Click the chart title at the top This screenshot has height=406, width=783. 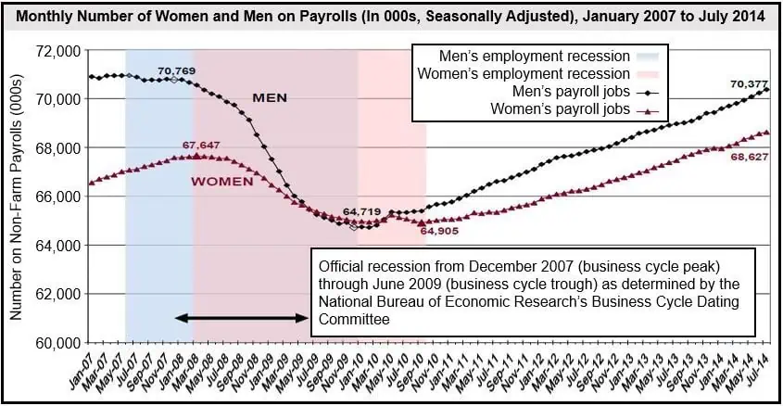[392, 16]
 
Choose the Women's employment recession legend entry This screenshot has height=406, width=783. [524, 73]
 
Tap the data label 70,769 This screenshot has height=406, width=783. [175, 70]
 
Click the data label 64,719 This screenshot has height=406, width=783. [361, 212]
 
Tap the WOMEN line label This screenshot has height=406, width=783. [221, 181]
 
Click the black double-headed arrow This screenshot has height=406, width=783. [242, 318]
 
